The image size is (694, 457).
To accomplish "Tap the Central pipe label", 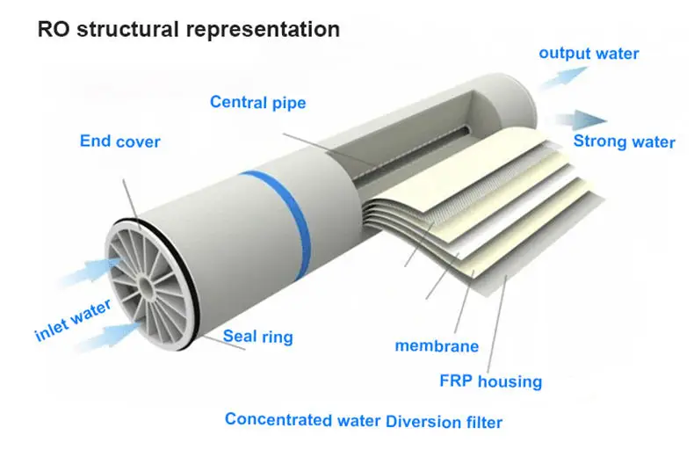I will pos(257,103).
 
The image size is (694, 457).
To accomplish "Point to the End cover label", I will pos(120,141).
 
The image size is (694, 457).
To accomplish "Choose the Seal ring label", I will pos(257,336).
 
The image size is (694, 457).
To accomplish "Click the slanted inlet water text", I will pos(74,321).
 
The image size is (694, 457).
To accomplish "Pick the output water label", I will pos(589,54).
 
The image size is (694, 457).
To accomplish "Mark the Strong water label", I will pos(624,141).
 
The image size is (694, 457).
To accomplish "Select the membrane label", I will pos(437,345).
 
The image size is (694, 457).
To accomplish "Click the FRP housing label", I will pos(490,381).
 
